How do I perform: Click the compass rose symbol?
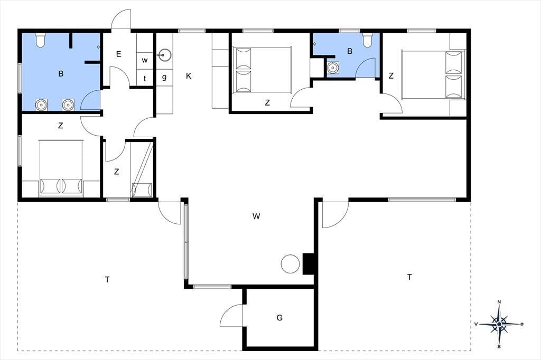click(x=499, y=324)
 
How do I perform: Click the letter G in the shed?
click(x=279, y=318)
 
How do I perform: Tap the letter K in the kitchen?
click(x=189, y=76)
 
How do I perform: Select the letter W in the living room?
click(x=256, y=216)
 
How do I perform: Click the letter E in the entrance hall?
click(x=119, y=54)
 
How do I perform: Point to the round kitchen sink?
click(x=165, y=55)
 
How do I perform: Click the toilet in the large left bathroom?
click(x=40, y=40)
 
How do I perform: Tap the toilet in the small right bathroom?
click(x=367, y=40)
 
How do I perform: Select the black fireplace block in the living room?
click(x=308, y=264)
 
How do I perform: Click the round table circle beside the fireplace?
click(x=290, y=264)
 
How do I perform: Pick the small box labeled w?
click(x=145, y=60)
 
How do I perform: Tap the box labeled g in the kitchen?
click(x=165, y=77)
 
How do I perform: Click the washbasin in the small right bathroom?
click(x=333, y=68)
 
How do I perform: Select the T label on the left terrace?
click(x=107, y=279)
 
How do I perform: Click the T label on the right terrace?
click(x=409, y=277)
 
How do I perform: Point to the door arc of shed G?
click(x=228, y=312)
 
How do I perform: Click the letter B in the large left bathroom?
click(x=61, y=73)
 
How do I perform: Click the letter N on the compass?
click(x=499, y=302)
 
